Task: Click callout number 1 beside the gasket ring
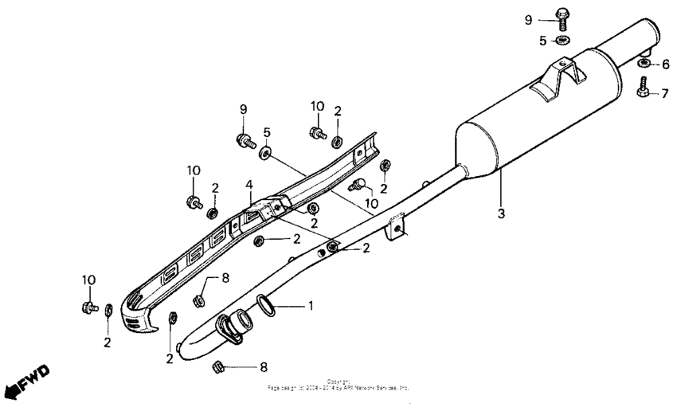(x=311, y=305)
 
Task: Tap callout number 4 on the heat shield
(x=248, y=185)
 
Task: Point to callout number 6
(x=665, y=64)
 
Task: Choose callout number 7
(x=665, y=94)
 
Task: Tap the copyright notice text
(x=338, y=385)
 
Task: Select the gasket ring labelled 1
(x=266, y=305)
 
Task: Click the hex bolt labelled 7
(x=643, y=89)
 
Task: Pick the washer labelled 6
(x=644, y=63)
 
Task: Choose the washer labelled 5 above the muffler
(x=563, y=40)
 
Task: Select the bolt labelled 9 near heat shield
(x=245, y=141)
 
